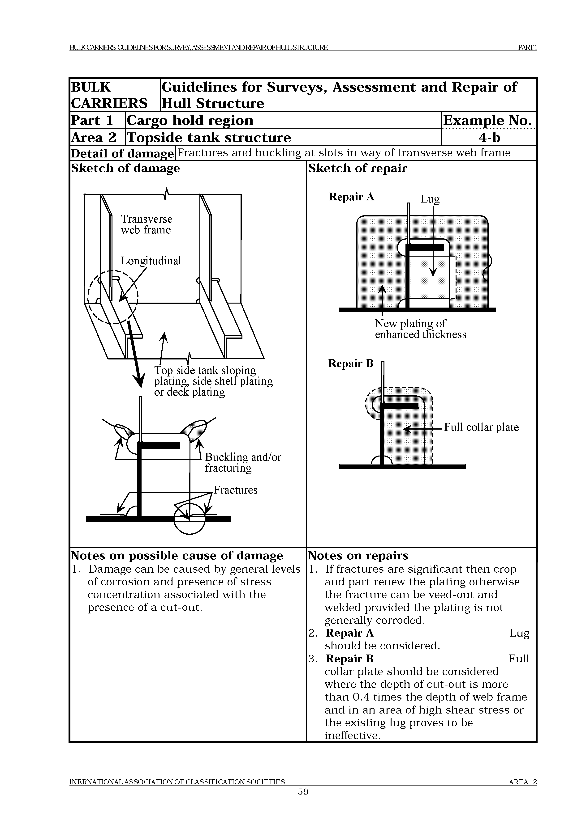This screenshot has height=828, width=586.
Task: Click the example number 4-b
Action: click(x=489, y=137)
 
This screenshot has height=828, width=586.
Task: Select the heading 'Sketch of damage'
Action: click(x=125, y=169)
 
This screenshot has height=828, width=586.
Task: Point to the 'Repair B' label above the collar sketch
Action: click(x=351, y=363)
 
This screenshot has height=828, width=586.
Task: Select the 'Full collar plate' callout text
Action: click(x=481, y=427)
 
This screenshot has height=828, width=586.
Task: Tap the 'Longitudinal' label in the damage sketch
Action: click(x=151, y=261)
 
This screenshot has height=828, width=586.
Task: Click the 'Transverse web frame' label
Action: click(x=146, y=224)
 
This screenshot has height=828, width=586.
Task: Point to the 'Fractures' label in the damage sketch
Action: click(x=235, y=490)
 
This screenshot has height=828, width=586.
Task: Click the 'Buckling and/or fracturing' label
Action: click(x=243, y=462)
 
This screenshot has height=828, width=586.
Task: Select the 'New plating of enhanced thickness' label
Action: click(x=420, y=329)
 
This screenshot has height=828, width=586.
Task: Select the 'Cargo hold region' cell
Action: click(x=190, y=120)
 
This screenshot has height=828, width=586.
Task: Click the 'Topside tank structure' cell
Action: click(x=209, y=137)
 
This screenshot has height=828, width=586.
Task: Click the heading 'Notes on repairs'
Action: click(x=358, y=556)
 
